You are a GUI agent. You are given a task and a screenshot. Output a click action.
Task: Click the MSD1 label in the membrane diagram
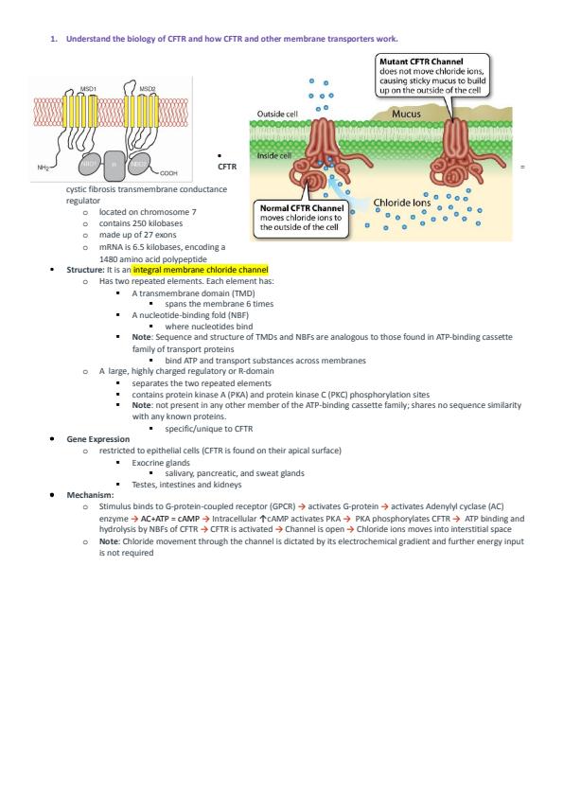coord(88,89)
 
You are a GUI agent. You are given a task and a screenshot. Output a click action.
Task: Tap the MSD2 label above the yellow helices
coord(148,89)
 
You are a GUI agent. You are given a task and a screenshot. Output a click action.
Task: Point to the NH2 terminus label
coord(44,168)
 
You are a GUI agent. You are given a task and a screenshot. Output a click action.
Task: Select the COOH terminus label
coord(168,173)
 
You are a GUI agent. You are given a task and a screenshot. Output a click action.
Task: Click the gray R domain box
coord(114,165)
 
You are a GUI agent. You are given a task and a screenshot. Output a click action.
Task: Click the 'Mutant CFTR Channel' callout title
coord(421,62)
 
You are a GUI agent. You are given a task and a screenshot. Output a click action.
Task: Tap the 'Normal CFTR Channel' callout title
coord(302,208)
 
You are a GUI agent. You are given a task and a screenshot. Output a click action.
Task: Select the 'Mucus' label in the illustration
coord(406,114)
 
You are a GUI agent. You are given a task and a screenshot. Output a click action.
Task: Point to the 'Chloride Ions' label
coord(402,203)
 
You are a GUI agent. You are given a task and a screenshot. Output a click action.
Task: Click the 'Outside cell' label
coord(277,114)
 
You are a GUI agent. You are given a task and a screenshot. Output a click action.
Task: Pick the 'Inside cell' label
coord(273,155)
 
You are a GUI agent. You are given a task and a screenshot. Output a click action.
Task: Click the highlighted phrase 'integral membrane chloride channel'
coord(201,270)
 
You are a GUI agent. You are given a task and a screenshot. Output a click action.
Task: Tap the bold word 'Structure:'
coord(85,270)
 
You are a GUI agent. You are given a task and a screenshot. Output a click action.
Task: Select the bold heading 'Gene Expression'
coord(98,439)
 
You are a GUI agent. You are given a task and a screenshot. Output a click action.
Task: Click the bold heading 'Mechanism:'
coord(90,495)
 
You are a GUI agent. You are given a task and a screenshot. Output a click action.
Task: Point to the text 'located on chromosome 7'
coord(148,212)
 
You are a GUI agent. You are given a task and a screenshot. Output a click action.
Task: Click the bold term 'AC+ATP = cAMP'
coord(169,519)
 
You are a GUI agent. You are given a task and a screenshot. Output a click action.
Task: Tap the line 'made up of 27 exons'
coord(138,235)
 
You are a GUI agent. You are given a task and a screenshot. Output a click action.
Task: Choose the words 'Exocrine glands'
coord(161,463)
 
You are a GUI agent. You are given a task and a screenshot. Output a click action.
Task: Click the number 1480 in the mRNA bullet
coord(108,258)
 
